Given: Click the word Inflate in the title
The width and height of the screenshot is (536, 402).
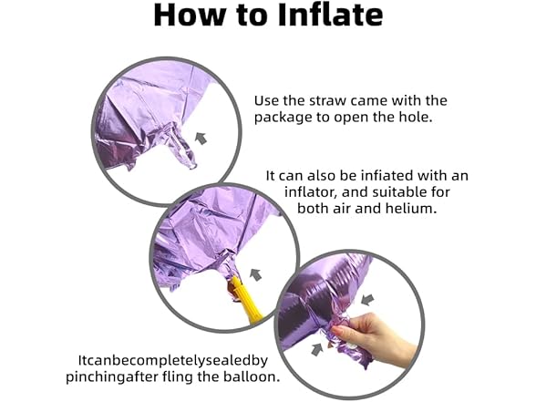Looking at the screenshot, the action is pos(330,15).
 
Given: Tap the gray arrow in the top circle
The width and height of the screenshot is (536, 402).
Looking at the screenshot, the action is pos(201,139).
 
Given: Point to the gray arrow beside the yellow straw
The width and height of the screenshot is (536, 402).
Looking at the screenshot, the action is pos(255,274).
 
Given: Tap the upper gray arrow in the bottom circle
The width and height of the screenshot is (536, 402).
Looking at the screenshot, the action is pos(367,299).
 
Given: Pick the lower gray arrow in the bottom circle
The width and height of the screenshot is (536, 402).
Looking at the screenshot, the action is pos(317,350).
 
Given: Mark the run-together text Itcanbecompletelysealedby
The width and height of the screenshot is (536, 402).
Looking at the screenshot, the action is pos(173,361).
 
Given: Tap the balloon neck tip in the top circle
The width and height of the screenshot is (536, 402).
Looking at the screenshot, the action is pos(191,165).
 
